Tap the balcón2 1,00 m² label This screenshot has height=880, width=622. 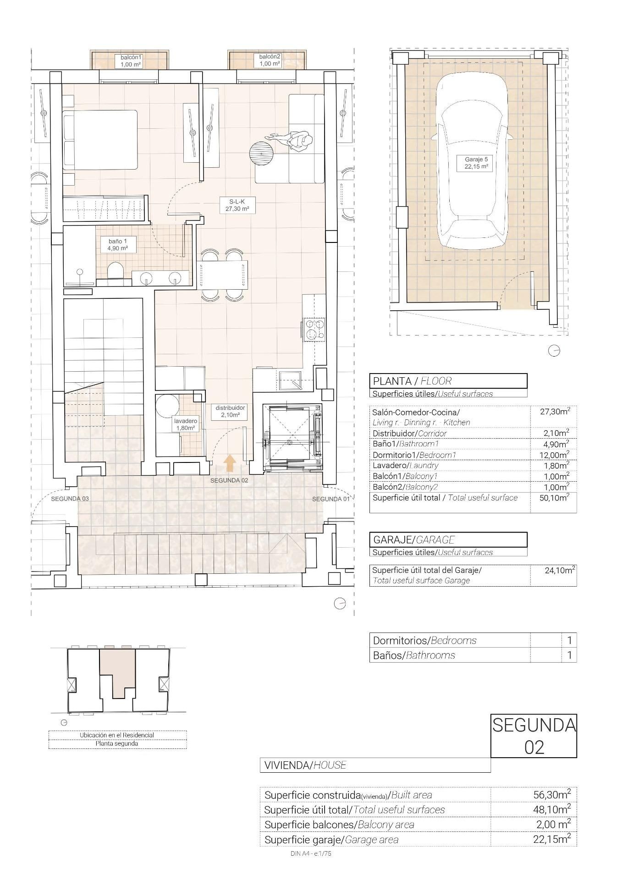coord(270,60)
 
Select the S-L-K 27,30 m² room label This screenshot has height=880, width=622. coord(237,205)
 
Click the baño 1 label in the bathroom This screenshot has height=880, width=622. coord(114,245)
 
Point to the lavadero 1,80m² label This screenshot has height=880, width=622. coord(186,424)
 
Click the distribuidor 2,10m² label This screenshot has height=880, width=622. coord(231,411)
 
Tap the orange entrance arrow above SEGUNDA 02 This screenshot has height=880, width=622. coord(230,463)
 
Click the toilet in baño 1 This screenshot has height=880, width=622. coord(114,271)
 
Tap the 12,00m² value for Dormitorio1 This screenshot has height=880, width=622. coord(556,455)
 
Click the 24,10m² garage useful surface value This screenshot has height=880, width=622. coord(560,571)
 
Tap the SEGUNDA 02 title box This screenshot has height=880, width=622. coord(534,736)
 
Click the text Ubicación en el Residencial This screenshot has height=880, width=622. coord(117,735)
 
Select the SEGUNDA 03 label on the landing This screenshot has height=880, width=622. coord(70,499)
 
